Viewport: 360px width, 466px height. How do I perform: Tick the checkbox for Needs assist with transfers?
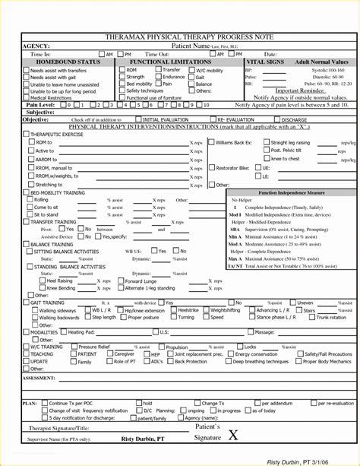point(26,70)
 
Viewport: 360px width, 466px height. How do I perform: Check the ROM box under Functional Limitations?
point(122,69)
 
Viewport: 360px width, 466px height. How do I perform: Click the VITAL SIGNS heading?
point(266,61)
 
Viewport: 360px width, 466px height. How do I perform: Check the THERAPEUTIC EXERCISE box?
point(26,134)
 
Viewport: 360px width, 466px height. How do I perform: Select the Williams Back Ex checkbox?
point(210,142)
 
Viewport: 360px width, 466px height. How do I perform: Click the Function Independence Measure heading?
point(289,193)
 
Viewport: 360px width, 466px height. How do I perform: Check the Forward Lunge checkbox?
point(120,281)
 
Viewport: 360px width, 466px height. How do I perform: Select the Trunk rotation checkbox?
point(311,317)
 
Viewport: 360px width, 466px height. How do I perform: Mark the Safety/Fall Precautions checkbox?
point(298,354)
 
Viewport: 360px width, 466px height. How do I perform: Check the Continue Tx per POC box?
point(44,403)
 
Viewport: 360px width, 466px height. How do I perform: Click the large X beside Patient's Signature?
point(232,435)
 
